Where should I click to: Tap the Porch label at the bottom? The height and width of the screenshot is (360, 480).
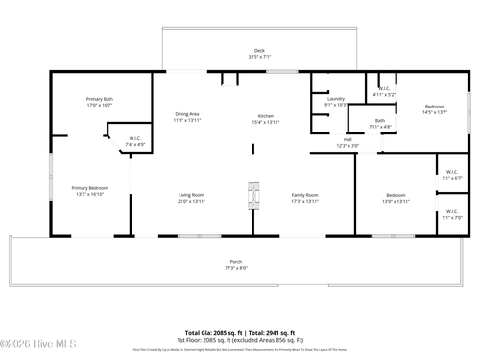tap(236, 262)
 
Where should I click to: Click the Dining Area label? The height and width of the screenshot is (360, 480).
tap(187, 114)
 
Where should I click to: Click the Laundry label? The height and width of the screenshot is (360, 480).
tap(336, 99)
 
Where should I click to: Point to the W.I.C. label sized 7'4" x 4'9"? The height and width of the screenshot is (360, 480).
tap(135, 139)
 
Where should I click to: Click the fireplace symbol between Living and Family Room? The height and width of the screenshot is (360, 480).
tap(253, 195)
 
